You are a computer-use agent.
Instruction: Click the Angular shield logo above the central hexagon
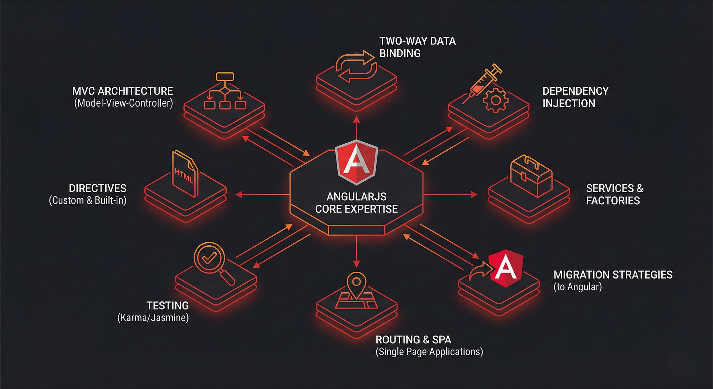356,162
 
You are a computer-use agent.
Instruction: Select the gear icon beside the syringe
496,100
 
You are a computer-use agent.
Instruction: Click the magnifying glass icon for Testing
210,260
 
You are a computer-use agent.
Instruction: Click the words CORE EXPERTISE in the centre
356,209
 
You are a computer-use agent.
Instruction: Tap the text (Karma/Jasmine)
153,318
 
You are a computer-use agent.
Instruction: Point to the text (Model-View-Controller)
124,103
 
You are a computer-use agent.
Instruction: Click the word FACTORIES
613,201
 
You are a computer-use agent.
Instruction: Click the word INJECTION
569,103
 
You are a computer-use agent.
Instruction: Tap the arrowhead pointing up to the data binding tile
356,120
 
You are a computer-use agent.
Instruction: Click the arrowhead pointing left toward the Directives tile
239,195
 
